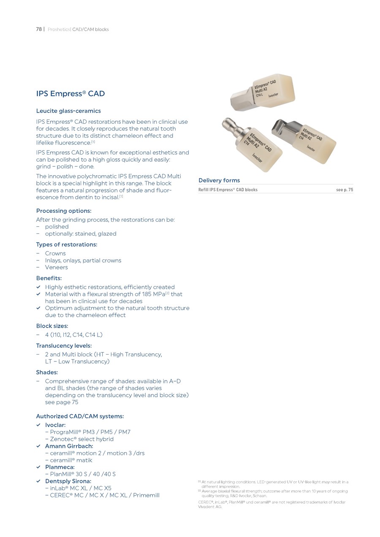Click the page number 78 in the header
[x=38, y=30]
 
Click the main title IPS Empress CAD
[x=71, y=94]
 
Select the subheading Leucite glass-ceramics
[x=68, y=111]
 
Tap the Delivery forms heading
[x=219, y=180]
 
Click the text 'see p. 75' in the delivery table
[x=344, y=190]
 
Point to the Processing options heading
[x=64, y=211]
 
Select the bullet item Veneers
[x=56, y=267]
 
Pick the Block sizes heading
[x=52, y=326]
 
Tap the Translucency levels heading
[x=64, y=346]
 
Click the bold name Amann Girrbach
[x=69, y=446]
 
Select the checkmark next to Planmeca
[x=38, y=467]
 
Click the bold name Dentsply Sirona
[x=68, y=481]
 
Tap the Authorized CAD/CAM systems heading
[x=80, y=416]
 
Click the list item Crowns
[x=55, y=253]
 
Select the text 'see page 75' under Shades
[x=62, y=402]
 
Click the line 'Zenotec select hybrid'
[x=81, y=439]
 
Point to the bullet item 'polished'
[x=57, y=227]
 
